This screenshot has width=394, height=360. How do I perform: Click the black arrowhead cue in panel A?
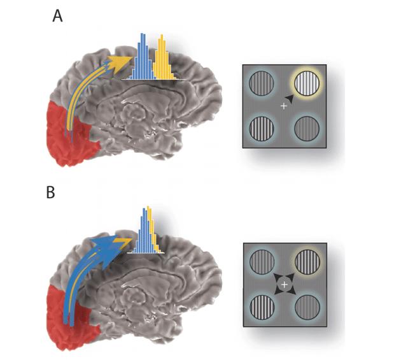[290, 97]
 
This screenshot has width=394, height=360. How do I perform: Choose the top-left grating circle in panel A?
[261, 83]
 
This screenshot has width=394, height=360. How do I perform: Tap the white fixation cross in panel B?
[284, 282]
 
